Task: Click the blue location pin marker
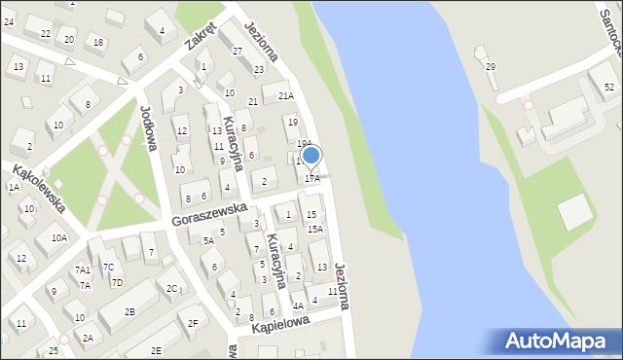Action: (x=311, y=156)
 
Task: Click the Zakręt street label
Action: (x=201, y=36)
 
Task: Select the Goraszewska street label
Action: (x=202, y=214)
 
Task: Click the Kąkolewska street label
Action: (x=38, y=188)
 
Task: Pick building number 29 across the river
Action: (x=491, y=66)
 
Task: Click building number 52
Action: (x=608, y=88)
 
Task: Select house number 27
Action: (x=237, y=51)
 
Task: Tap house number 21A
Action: (x=285, y=95)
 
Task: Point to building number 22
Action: (x=46, y=33)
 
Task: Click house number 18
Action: (x=97, y=41)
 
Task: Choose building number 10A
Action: (x=59, y=237)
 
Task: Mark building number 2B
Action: (x=129, y=311)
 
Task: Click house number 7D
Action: (x=117, y=282)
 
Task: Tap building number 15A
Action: (x=315, y=229)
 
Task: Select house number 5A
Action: (x=208, y=240)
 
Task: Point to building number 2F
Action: (x=193, y=322)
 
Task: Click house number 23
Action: (x=259, y=69)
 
